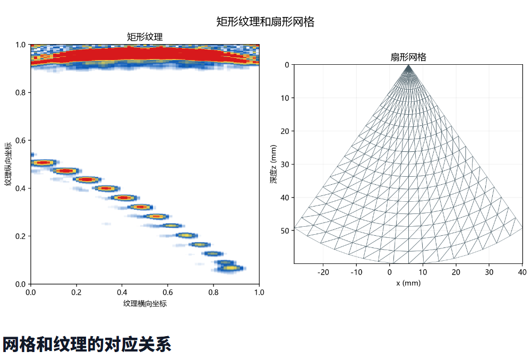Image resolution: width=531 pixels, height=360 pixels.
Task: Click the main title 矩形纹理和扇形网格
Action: [265, 22]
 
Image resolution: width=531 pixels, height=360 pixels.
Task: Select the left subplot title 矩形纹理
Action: [144, 37]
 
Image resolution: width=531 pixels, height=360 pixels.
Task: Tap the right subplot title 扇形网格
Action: [408, 57]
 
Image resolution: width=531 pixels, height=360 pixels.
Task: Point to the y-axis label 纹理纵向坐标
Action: [8, 164]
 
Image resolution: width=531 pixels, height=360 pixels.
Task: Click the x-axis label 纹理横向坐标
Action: [145, 303]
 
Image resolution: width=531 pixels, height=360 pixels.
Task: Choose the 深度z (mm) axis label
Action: [273, 164]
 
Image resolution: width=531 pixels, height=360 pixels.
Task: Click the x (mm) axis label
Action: [408, 283]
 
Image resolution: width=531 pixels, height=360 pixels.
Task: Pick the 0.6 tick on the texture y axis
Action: [20, 141]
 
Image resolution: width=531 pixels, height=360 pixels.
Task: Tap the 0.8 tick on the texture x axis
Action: [213, 292]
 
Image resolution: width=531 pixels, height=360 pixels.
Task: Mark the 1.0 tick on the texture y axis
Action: [20, 45]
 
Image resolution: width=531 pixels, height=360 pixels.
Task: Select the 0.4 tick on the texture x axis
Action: [122, 292]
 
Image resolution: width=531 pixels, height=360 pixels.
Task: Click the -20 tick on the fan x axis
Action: [323, 272]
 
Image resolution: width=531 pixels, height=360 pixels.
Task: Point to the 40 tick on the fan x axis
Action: [522, 272]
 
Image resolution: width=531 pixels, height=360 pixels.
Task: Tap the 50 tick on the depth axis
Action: [285, 230]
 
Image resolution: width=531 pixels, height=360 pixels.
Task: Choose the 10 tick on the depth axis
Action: [285, 98]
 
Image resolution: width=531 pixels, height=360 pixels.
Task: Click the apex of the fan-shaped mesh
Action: [408, 65]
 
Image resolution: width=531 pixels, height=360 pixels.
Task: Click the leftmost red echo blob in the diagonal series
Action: [43, 163]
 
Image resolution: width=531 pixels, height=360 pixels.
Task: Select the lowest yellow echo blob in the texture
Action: [232, 268]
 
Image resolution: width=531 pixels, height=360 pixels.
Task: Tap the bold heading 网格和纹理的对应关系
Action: [87, 345]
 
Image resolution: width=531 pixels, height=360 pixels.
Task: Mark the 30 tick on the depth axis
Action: [285, 164]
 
